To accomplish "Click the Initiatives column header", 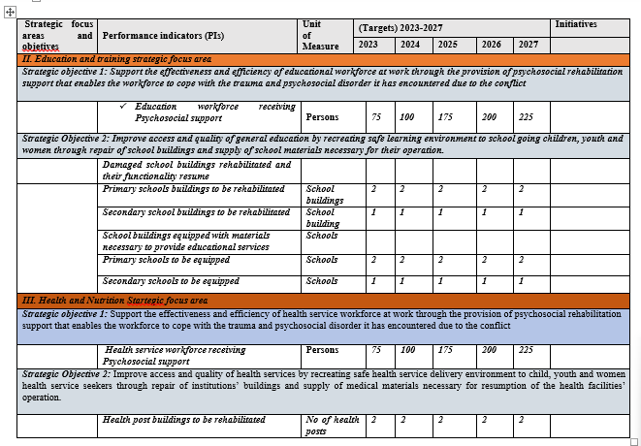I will point(575,24).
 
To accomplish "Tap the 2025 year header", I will point(447,45).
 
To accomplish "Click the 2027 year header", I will point(528,45).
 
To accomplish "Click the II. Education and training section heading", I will point(116,59).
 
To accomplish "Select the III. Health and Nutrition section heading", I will point(115,301).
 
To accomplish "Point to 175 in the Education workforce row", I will point(446,116).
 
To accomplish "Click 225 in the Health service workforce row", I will point(526,350).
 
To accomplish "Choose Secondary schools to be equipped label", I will point(171,281).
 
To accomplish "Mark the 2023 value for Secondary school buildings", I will point(374,211).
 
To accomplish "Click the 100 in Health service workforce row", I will point(407,350).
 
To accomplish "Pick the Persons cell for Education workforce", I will point(322,116).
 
